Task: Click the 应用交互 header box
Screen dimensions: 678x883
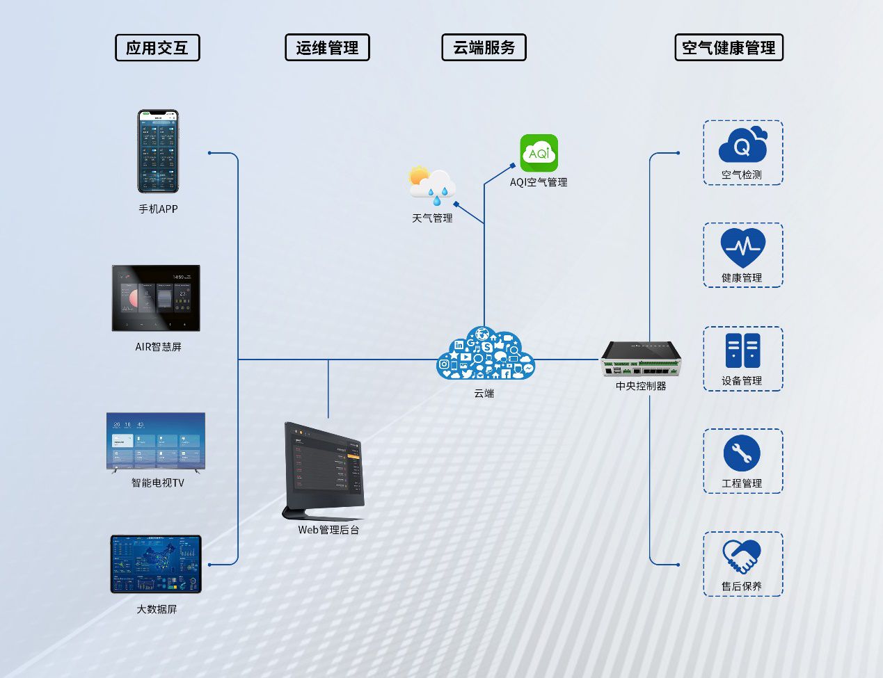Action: click(157, 48)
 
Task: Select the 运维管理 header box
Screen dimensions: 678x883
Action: click(327, 48)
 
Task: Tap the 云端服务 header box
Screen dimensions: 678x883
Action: click(484, 48)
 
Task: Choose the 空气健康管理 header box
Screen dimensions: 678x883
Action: click(729, 48)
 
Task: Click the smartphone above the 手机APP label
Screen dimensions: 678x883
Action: click(158, 151)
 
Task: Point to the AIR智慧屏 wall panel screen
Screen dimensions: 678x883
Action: click(156, 298)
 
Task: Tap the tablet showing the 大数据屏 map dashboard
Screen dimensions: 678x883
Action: click(156, 564)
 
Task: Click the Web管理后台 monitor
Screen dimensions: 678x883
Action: click(324, 470)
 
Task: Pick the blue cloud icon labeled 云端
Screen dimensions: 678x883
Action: click(485, 355)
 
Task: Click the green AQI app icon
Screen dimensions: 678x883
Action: click(539, 153)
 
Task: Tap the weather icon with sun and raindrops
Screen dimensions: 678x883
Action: click(432, 186)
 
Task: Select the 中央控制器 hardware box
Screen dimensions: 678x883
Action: click(640, 358)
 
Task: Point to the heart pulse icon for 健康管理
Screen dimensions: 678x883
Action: click(742, 248)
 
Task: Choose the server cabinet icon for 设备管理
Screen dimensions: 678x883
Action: click(742, 350)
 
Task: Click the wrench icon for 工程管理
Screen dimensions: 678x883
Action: click(742, 453)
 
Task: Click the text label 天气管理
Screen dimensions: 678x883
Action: click(432, 218)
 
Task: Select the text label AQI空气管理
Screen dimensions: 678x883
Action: click(539, 182)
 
